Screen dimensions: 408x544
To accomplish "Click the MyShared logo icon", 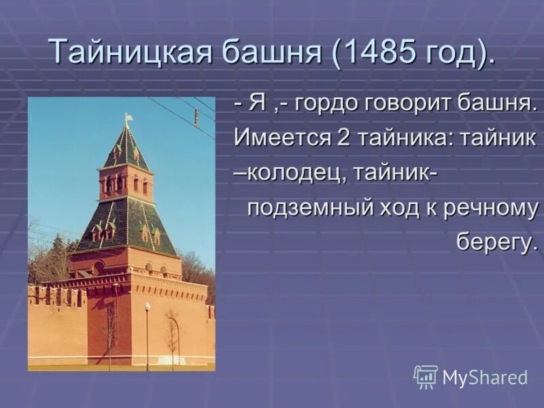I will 426,377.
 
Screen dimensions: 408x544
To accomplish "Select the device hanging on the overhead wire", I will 196,116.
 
